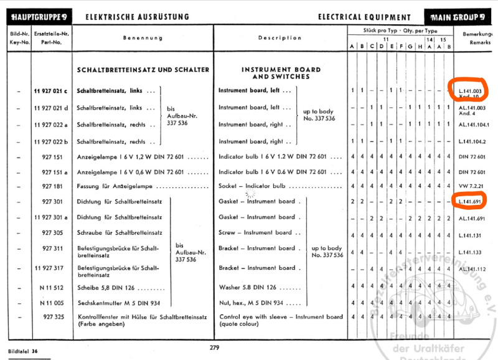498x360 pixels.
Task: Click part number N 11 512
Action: point(52,287)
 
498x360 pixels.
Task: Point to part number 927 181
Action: point(52,186)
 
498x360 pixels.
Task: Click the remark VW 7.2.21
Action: point(471,186)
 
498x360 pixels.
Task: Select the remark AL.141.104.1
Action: point(472,125)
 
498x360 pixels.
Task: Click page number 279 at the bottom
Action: point(215,347)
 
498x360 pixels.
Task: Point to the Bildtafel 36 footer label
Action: point(23,351)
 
